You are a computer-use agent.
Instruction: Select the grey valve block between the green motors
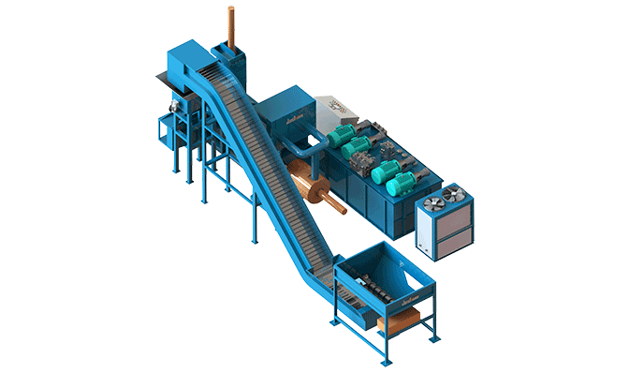(358, 165)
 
